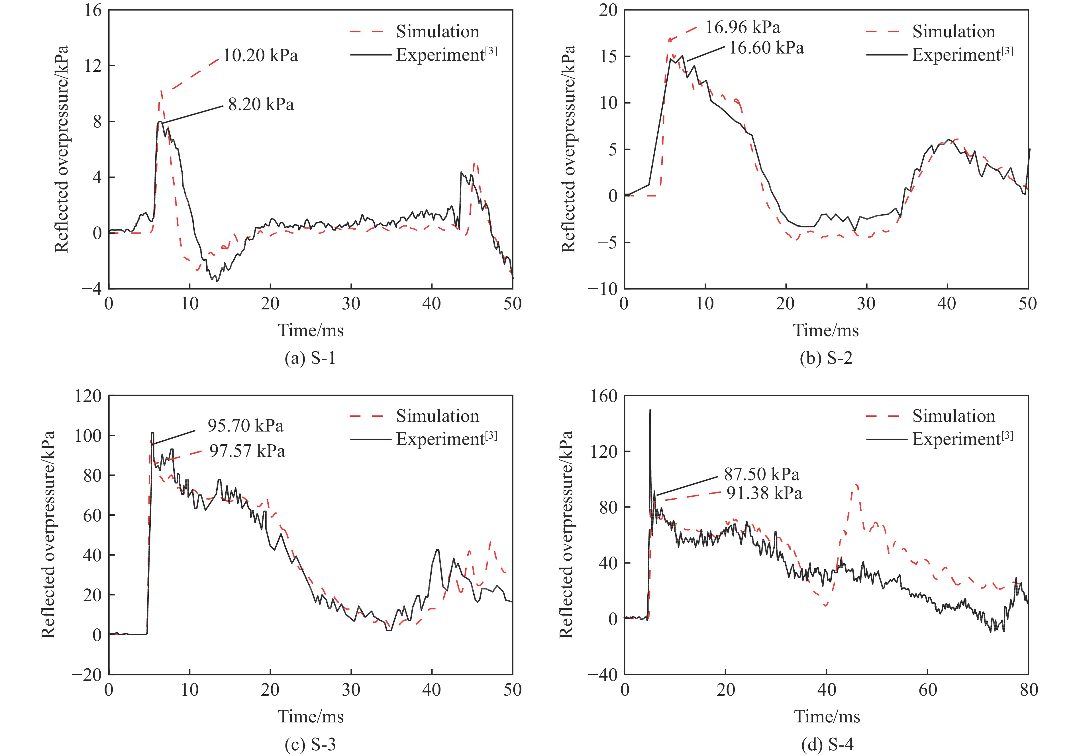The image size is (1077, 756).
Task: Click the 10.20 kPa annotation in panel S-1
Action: pyautogui.click(x=260, y=56)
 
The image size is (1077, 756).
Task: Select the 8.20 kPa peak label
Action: pyautogui.click(x=261, y=104)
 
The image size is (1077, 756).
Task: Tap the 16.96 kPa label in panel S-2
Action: pyautogui.click(x=743, y=28)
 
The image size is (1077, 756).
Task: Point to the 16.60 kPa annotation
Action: pyautogui.click(x=766, y=48)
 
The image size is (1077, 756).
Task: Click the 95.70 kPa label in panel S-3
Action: pyautogui.click(x=245, y=426)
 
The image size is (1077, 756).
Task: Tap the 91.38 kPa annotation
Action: pyautogui.click(x=764, y=493)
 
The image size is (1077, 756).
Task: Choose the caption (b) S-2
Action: pyautogui.click(x=826, y=359)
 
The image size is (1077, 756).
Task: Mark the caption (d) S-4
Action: pyautogui.click(x=826, y=745)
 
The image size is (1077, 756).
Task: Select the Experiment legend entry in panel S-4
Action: pyautogui.click(x=962, y=439)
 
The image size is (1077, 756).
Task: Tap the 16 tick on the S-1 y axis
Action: pyautogui.click(x=93, y=10)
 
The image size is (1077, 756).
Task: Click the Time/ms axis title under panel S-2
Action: pyautogui.click(x=826, y=330)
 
